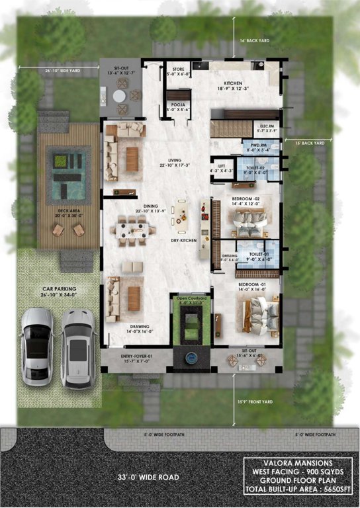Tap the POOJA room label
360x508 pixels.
(177, 104)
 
